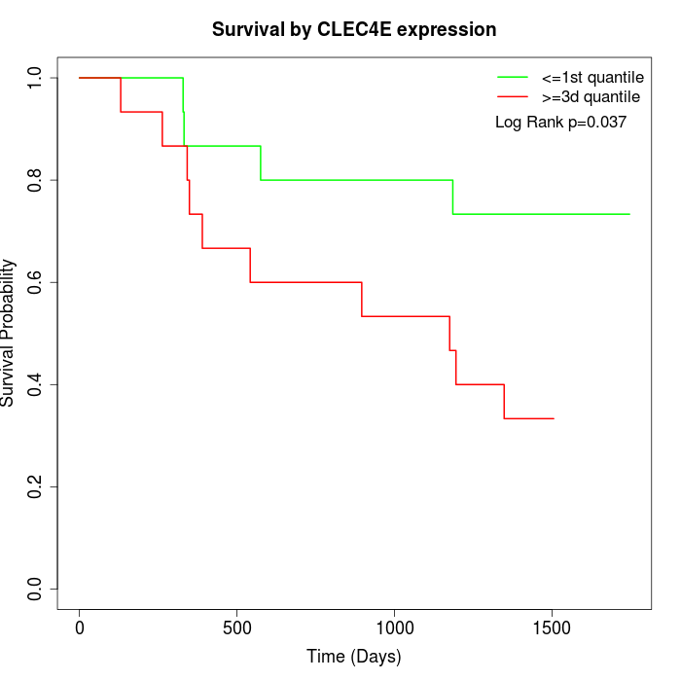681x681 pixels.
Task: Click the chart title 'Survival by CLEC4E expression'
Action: coord(354,30)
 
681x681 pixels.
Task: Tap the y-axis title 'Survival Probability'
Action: coord(9,333)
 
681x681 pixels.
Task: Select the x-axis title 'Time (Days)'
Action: coord(354,657)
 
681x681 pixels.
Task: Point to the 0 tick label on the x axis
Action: coord(80,627)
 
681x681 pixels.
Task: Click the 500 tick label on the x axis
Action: coord(237,627)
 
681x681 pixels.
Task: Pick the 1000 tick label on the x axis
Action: coord(395,627)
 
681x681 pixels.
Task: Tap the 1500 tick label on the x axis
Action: coord(553,627)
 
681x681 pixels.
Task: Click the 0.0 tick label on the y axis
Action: coord(36,589)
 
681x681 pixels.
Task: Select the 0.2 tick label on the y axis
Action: coord(36,486)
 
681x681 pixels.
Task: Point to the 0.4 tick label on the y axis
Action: coord(36,384)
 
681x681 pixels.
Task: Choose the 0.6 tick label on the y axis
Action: coord(36,282)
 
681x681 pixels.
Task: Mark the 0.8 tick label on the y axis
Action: coord(36,180)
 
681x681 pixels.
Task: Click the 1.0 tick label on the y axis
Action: coord(36,78)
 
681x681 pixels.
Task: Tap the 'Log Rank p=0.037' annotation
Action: coord(560,123)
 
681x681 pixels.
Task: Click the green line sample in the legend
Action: coord(513,77)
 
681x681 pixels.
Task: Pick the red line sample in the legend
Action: coord(513,97)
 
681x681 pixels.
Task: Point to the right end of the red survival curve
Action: coord(554,418)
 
